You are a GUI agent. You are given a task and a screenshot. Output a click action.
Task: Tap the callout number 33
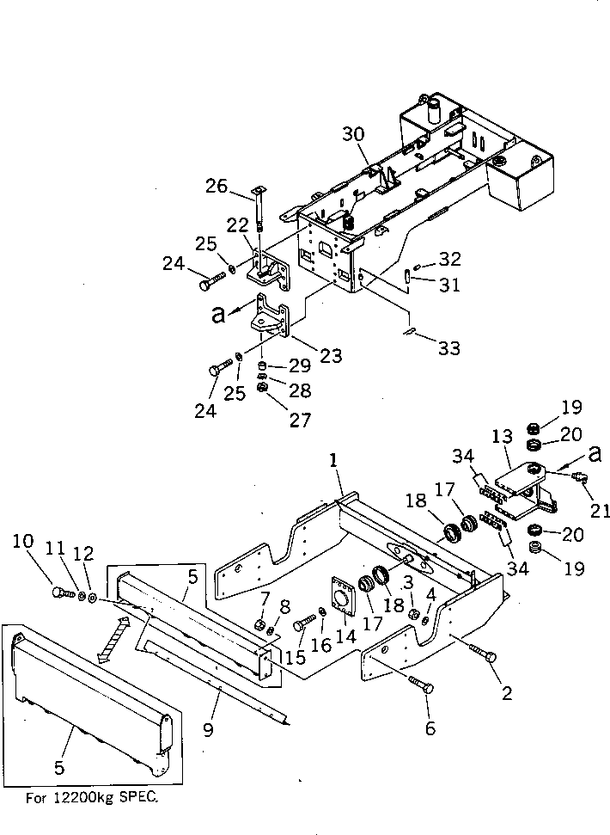click(448, 347)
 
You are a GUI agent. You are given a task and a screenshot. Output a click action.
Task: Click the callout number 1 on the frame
click(334, 462)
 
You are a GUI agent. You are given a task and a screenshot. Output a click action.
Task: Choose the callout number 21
click(599, 510)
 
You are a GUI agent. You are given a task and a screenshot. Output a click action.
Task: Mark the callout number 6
click(430, 728)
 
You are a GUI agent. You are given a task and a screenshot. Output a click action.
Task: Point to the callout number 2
click(506, 692)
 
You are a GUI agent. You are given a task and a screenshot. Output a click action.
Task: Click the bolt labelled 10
click(61, 592)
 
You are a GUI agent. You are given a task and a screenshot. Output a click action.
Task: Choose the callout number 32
click(449, 258)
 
